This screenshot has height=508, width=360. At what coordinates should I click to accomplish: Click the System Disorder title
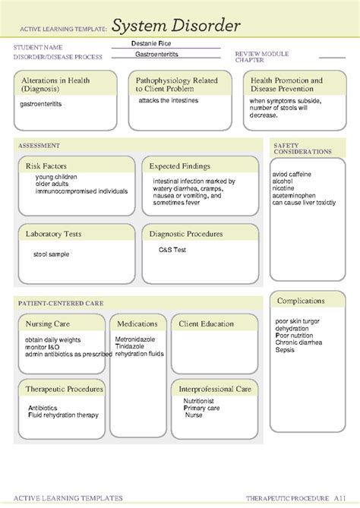(x=176, y=26)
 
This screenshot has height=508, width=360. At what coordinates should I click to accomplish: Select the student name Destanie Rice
(x=151, y=44)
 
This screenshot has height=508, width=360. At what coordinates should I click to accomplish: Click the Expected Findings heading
(x=179, y=166)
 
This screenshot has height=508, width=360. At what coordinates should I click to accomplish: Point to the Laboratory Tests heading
(x=54, y=234)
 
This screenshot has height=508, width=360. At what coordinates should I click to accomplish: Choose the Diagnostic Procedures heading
(x=186, y=234)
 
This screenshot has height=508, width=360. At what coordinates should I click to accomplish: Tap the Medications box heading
(x=137, y=323)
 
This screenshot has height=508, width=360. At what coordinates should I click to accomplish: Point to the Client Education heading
(x=207, y=323)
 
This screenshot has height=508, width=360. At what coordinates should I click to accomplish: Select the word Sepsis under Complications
(x=285, y=350)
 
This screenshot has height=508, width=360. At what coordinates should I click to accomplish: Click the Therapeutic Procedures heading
(x=64, y=389)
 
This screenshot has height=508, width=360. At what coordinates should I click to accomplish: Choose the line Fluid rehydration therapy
(x=63, y=415)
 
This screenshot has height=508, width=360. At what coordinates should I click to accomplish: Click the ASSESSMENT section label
(x=39, y=145)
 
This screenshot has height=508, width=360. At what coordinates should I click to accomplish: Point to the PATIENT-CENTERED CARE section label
(x=61, y=303)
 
